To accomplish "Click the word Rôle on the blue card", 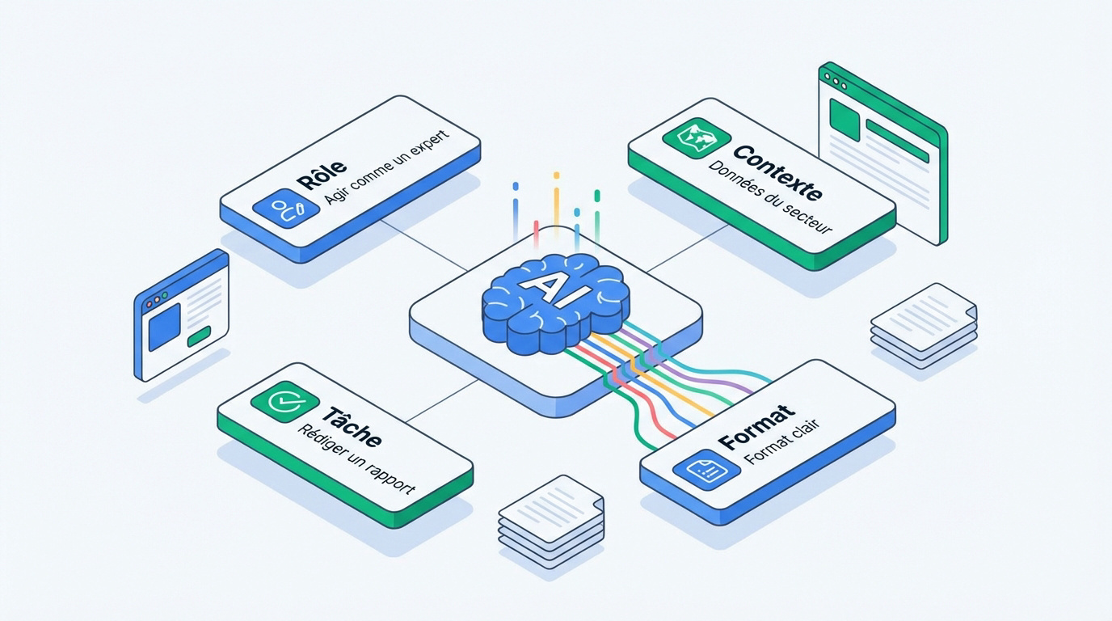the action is [x=321, y=175].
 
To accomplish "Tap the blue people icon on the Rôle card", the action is [x=286, y=208].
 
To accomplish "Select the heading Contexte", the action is [x=777, y=172].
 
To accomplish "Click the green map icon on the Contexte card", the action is [x=697, y=138].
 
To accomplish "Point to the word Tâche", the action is [x=352, y=426].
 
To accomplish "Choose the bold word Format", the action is [x=756, y=427].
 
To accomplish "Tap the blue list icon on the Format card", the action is [x=706, y=470].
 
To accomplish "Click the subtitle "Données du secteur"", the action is [x=769, y=197].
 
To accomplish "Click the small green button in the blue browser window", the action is [x=199, y=337].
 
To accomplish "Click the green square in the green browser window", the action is [x=845, y=120].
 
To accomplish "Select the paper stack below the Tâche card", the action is [x=551, y=522].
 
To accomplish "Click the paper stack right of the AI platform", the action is [x=924, y=326].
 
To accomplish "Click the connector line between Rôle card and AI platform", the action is [x=424, y=246].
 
